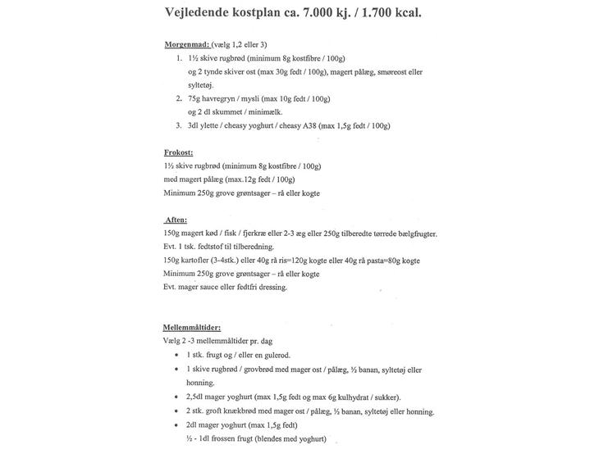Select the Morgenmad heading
186,45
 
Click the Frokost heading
178,152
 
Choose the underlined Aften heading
176,220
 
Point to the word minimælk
268,112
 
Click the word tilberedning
249,247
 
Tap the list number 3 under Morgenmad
178,126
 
